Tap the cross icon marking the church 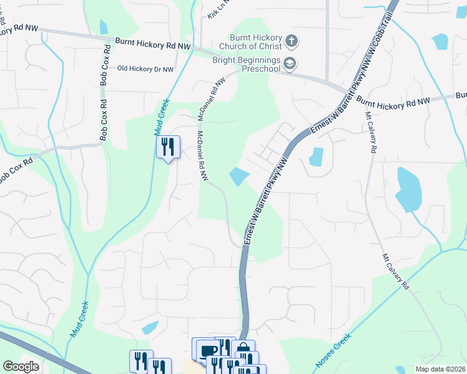pos(291,42)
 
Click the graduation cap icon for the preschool pos(290,63)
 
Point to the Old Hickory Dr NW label pos(145,69)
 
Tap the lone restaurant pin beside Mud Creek pos(167,147)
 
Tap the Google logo pos(21,366)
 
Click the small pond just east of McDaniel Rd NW pos(238,177)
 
